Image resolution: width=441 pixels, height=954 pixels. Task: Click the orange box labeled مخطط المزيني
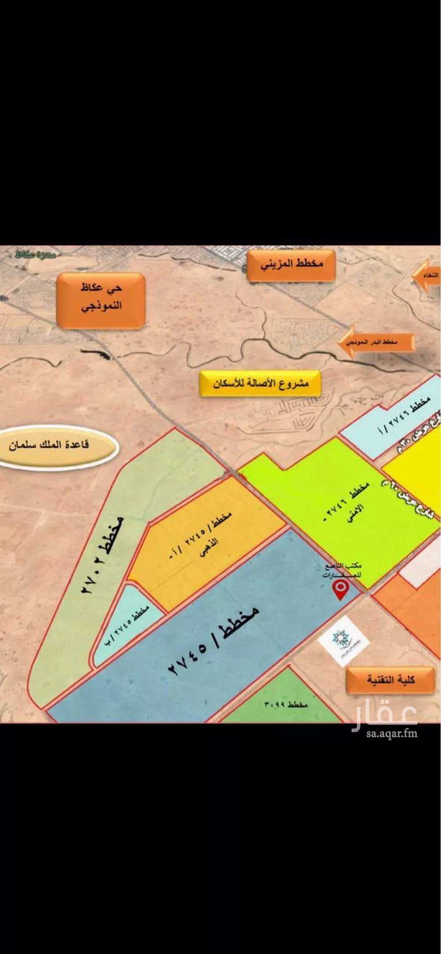tap(291, 265)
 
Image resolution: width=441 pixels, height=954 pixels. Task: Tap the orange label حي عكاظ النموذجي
tap(101, 300)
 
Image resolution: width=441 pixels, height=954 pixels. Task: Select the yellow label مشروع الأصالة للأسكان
tap(261, 384)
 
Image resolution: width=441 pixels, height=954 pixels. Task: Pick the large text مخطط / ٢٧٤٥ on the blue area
tap(212, 641)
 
